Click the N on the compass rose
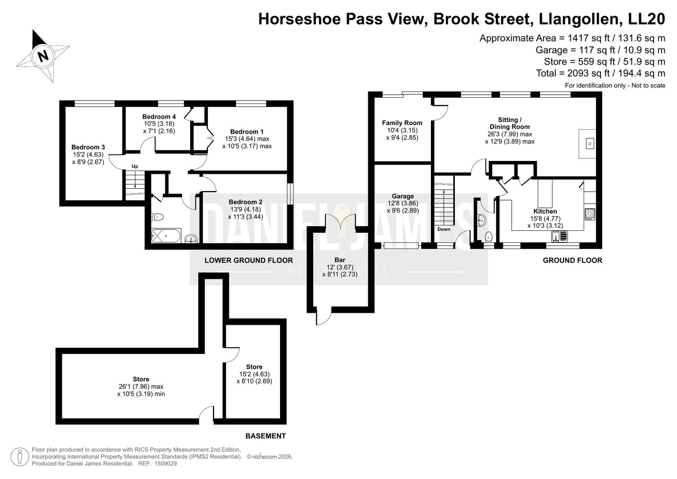(43, 56)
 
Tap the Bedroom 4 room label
(159, 117)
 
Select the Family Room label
(402, 123)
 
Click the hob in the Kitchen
(590, 214)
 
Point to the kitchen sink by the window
(559, 237)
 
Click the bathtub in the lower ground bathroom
(166, 236)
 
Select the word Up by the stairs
(135, 166)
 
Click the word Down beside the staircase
(444, 229)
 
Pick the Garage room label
(403, 196)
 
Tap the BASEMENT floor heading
(265, 436)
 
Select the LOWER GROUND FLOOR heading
(248, 261)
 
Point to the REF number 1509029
(166, 464)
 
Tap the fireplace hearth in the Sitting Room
(587, 144)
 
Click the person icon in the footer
(20, 456)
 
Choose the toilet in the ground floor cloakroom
(488, 237)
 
